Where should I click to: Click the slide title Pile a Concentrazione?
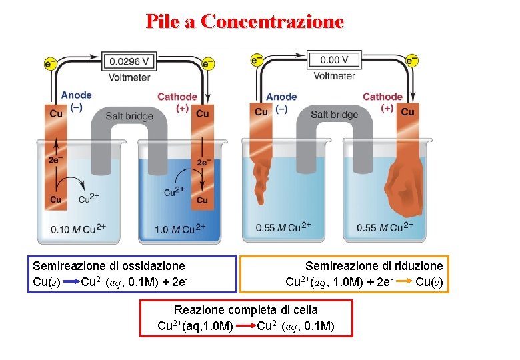pyautogui.click(x=245, y=22)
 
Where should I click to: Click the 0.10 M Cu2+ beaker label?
pyautogui.click(x=77, y=229)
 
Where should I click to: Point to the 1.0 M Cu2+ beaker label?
pyautogui.click(x=178, y=229)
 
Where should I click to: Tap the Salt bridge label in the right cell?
pyautogui.click(x=334, y=115)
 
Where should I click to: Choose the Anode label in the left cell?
pyautogui.click(x=76, y=95)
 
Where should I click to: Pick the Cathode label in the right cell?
pyautogui.click(x=382, y=97)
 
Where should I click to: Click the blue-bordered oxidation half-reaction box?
pyautogui.click(x=131, y=274)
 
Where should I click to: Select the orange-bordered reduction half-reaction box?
pyautogui.click(x=345, y=274)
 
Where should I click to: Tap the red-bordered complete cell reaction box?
pyautogui.click(x=245, y=318)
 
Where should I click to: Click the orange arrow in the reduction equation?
pyautogui.click(x=403, y=282)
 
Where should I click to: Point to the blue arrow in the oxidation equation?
pyautogui.click(x=71, y=282)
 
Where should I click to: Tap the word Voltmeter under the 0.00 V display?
pyautogui.click(x=334, y=75)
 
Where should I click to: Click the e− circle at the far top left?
pyautogui.click(x=50, y=63)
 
